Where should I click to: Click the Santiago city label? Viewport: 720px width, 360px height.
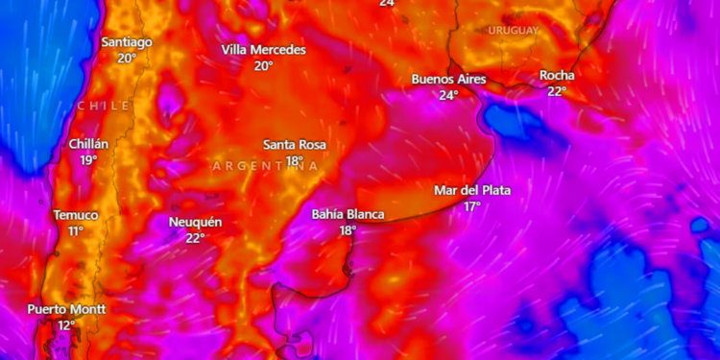tap(127, 42)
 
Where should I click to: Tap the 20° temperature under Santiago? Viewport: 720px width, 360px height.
tap(127, 58)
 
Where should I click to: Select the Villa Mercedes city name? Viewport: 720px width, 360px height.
tap(263, 49)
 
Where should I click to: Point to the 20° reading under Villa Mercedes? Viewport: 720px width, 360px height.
tap(263, 65)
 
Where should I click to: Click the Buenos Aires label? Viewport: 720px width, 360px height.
tap(448, 79)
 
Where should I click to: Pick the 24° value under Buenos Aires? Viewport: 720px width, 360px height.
tap(448, 95)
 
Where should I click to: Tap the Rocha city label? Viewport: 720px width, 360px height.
tap(557, 75)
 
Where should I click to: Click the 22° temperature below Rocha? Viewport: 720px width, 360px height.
tap(557, 91)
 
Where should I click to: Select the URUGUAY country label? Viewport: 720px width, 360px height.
tap(514, 31)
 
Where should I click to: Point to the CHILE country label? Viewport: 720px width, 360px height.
tap(104, 105)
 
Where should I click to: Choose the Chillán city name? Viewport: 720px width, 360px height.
tap(88, 144)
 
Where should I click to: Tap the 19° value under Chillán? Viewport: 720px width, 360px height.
tap(88, 160)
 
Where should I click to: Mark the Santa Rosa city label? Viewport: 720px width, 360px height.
tap(295, 145)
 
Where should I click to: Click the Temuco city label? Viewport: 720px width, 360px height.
tap(75, 215)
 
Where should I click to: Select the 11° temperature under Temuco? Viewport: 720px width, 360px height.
tap(75, 231)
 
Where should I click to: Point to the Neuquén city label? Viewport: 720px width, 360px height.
tap(196, 222)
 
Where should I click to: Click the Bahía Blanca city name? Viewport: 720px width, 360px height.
tap(348, 214)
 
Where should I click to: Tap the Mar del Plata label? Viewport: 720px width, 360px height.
tap(472, 190)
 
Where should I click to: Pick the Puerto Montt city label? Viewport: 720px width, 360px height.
tap(66, 309)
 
